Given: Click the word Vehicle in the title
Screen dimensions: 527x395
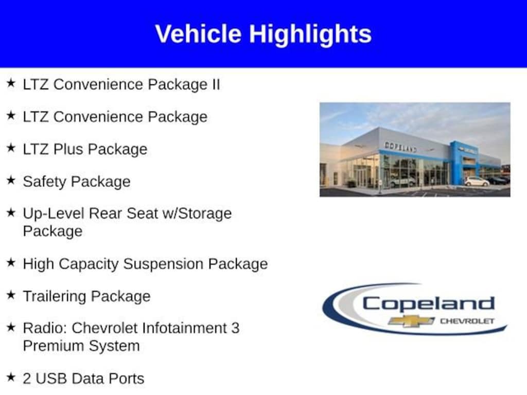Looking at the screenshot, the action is (198, 34).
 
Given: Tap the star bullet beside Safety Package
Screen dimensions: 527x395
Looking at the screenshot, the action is (11, 180).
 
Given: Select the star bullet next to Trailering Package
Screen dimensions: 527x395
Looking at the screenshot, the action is (11, 295).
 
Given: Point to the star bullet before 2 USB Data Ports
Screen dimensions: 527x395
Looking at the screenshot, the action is (11, 377).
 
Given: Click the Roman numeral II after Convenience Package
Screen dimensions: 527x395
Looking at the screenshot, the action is (216, 84).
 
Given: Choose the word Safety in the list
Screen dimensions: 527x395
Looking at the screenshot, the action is (44, 182).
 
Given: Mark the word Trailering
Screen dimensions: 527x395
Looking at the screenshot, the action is (55, 297).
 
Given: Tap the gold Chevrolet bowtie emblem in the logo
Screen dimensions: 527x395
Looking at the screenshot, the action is (411, 321).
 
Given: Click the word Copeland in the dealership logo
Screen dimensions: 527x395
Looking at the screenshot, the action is (429, 304).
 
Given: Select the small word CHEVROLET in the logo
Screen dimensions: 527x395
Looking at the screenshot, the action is (467, 321).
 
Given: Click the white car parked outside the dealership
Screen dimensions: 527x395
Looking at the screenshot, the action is (477, 182).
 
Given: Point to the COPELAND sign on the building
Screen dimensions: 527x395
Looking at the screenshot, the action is (400, 147).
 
